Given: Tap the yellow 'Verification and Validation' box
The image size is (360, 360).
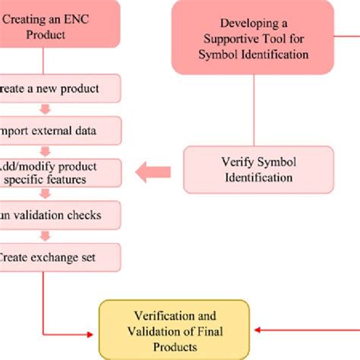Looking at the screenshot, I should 175,330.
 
